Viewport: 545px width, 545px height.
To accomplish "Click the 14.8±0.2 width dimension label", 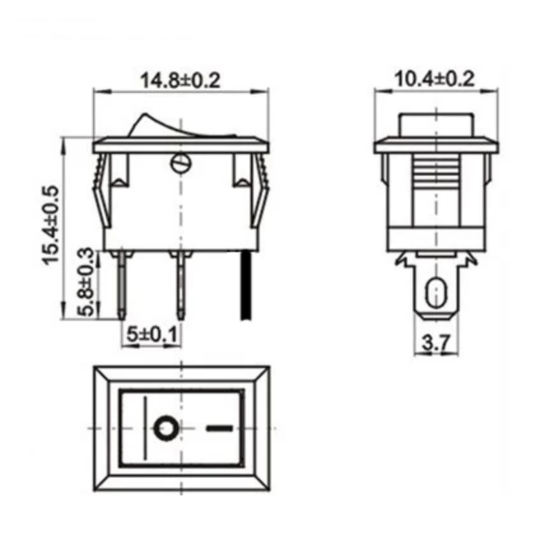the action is [x=181, y=80].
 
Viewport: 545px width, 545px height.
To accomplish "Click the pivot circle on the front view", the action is [x=181, y=164].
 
